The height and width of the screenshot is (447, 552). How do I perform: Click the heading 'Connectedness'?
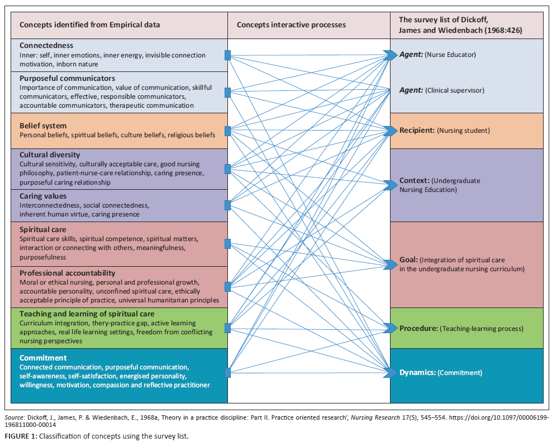pyautogui.click(x=46, y=45)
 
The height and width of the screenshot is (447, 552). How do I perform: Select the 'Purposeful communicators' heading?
pyautogui.click(x=67, y=79)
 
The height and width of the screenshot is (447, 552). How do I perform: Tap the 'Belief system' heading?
pyautogui.click(x=43, y=126)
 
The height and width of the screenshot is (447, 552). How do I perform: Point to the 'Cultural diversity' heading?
pyautogui.click(x=50, y=155)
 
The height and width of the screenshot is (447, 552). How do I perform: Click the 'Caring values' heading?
pyautogui.click(x=43, y=196)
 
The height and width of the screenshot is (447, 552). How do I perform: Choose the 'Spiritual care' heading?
pyautogui.click(x=42, y=229)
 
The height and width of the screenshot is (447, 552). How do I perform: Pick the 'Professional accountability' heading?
pyautogui.click(x=68, y=273)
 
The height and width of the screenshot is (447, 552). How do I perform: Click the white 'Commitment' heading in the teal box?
pyautogui.click(x=43, y=358)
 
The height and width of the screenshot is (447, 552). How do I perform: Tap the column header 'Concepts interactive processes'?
pyautogui.click(x=291, y=25)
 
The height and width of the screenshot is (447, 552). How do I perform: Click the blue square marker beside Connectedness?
pyautogui.click(x=227, y=55)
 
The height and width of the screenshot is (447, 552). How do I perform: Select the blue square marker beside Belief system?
pyautogui.click(x=227, y=131)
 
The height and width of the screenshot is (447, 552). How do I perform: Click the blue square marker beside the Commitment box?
pyautogui.click(x=227, y=372)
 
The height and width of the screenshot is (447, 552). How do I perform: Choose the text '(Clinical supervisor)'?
pyautogui.click(x=454, y=90)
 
